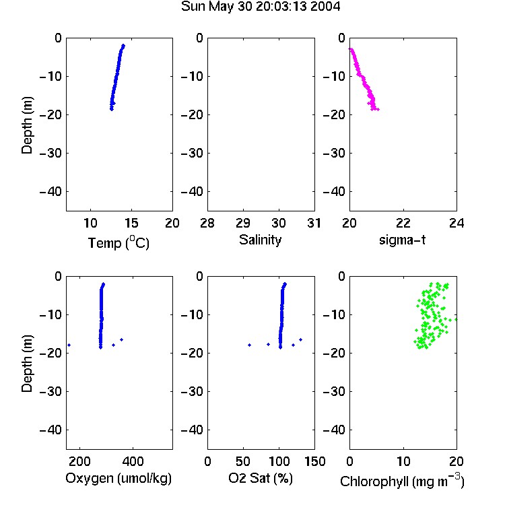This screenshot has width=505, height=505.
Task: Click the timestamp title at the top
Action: pyautogui.click(x=260, y=7)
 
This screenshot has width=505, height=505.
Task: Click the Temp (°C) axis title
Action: pyautogui.click(x=119, y=242)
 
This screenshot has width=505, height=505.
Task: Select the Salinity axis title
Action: pyautogui.click(x=260, y=240)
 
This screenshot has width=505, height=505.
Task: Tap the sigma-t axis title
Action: pyautogui.click(x=402, y=240)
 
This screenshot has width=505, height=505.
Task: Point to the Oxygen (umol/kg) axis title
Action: pyautogui.click(x=119, y=478)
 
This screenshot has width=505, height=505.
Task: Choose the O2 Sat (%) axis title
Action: pyautogui.click(x=261, y=478)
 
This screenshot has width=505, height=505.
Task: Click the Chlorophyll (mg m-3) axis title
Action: pyautogui.click(x=402, y=481)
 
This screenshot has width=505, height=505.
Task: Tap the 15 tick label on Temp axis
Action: pyautogui.click(x=131, y=223)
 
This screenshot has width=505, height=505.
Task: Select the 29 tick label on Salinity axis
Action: pyautogui.click(x=243, y=223)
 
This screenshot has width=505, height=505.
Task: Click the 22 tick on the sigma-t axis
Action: pyautogui.click(x=403, y=223)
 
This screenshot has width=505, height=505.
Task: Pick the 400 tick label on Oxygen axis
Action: pyautogui.click(x=133, y=461)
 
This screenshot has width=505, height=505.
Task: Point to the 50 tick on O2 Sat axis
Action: pyautogui.click(x=243, y=461)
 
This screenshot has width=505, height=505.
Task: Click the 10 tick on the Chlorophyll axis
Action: pyautogui.click(x=403, y=461)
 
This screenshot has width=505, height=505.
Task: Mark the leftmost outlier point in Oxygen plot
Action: pyautogui.click(x=69, y=345)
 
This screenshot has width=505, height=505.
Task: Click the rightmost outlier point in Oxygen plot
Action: pyautogui.click(x=121, y=340)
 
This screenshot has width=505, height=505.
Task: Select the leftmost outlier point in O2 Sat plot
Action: pyautogui.click(x=249, y=345)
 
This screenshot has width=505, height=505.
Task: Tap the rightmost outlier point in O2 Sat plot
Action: pyautogui.click(x=300, y=340)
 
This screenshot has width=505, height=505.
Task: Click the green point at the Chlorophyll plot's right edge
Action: pyautogui.click(x=456, y=319)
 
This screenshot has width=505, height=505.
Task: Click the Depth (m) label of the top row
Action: pyautogui.click(x=27, y=125)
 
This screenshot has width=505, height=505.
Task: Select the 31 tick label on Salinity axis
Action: pyautogui.click(x=314, y=223)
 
